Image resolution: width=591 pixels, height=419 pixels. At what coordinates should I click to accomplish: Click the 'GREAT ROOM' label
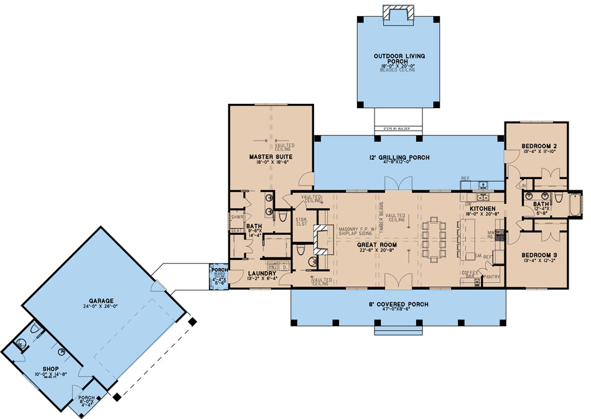click(373, 245)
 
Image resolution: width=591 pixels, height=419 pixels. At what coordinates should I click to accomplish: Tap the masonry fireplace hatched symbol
click(322, 239)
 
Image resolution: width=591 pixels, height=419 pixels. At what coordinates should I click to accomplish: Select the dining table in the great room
click(434, 238)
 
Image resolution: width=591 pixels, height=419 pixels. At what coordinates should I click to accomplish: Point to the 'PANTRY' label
click(491, 277)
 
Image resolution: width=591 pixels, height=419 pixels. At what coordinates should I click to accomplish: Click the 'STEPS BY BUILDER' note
click(398, 131)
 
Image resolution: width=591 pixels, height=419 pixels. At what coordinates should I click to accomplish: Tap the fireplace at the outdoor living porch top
click(397, 12)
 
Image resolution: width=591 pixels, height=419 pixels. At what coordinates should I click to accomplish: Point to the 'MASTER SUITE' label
click(271, 157)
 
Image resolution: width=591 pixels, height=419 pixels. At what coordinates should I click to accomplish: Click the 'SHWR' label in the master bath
click(236, 218)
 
